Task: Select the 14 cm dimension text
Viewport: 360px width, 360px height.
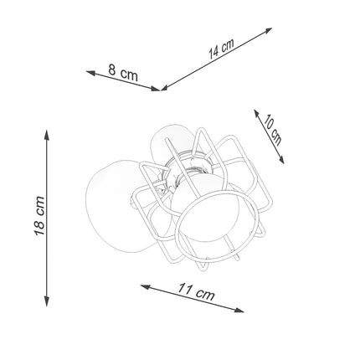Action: (x=222, y=47)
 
